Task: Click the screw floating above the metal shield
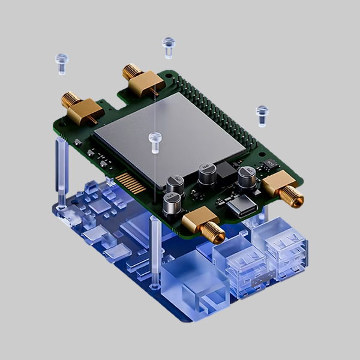pyautogui.click(x=155, y=140)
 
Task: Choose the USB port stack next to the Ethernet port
pyautogui.click(x=240, y=264)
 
